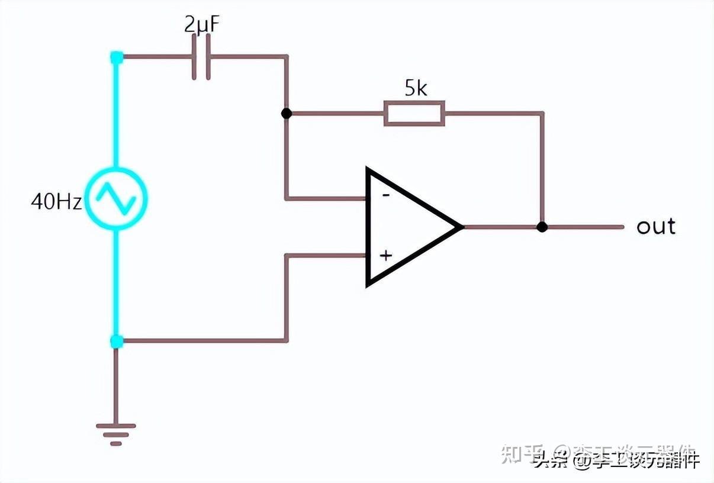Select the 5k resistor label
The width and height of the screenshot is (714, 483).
pyautogui.click(x=416, y=88)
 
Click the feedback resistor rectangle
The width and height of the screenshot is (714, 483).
pyautogui.click(x=414, y=113)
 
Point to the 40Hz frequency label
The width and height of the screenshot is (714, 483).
pyautogui.click(x=56, y=202)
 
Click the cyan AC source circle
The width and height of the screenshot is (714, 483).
pyautogui.click(x=116, y=198)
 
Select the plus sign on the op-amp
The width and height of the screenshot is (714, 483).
pyautogui.click(x=386, y=256)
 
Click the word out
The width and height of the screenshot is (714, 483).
pyautogui.click(x=656, y=226)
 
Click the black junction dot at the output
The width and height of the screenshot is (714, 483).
pyautogui.click(x=542, y=227)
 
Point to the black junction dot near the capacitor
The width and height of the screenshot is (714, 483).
pyautogui.click(x=287, y=113)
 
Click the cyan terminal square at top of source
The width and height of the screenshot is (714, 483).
pyautogui.click(x=117, y=57)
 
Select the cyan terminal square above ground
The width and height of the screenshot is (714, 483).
pyautogui.click(x=117, y=341)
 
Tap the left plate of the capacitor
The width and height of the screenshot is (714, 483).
pyautogui.click(x=195, y=57)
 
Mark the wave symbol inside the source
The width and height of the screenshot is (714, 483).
pyautogui.click(x=116, y=198)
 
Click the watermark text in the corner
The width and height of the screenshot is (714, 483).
pyautogui.click(x=616, y=458)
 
